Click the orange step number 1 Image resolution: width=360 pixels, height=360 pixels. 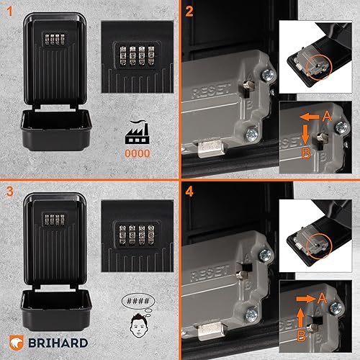coord(9,12)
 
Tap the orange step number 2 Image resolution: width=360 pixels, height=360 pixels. coord(189,12)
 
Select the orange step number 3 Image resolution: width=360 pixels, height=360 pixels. coord(9,192)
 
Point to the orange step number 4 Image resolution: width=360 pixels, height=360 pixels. coord(189,192)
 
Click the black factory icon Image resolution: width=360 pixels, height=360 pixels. coord(138,132)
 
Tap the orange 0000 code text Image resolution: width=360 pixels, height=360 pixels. coord(138,153)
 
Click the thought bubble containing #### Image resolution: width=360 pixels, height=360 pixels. coord(138,301)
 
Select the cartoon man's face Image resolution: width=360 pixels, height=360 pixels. coord(139,325)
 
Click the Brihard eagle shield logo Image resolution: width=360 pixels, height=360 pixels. coord(17,343)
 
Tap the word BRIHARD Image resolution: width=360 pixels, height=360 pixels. coord(58,343)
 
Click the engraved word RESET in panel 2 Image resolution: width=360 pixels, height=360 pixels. coord(211,91)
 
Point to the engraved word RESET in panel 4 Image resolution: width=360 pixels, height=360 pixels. coord(209,273)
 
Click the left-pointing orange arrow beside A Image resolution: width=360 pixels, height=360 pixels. coord(310,117)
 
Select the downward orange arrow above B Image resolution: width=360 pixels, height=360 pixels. coord(305,134)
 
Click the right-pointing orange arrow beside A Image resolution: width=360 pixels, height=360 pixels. coord(306,299)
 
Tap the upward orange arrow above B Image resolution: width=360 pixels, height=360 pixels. coord(300,318)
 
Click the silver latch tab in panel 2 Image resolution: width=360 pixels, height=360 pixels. coord(211,149)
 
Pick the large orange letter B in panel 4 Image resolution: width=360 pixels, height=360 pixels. coord(302,336)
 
